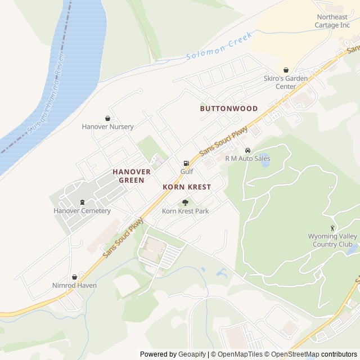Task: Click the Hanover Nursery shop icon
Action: tap(107, 118)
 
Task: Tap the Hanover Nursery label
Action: tap(107, 127)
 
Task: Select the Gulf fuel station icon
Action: tap(186, 163)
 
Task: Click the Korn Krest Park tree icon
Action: tap(185, 202)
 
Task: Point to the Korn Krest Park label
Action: tap(185, 211)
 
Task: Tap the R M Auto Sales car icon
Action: tap(247, 150)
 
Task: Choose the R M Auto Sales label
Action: tap(247, 159)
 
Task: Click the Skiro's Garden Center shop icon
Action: tap(286, 70)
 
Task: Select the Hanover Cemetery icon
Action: tap(82, 202)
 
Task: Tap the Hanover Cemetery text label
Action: tap(82, 211)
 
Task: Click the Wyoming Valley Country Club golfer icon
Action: tap(332, 228)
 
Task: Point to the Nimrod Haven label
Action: tap(74, 285)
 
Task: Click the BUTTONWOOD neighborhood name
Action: tap(229, 109)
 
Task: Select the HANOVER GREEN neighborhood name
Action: tap(132, 175)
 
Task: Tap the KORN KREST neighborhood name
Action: tap(187, 186)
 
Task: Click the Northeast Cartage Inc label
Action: tap(332, 21)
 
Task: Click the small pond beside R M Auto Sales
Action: tap(263, 158)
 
